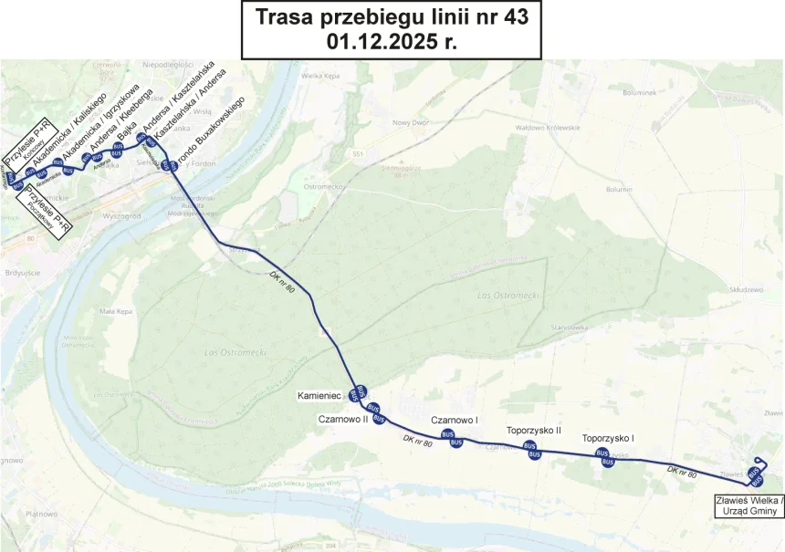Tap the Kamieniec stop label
point(319,397)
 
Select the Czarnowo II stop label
point(342,419)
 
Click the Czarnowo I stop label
point(455,420)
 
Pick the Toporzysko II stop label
point(533,430)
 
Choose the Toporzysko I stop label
point(608,439)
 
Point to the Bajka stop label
point(127,128)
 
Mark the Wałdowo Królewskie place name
point(549,127)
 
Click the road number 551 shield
point(358,154)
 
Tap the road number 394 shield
point(331,546)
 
